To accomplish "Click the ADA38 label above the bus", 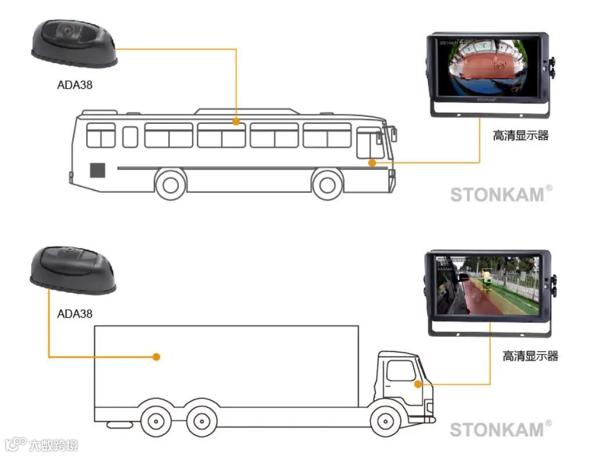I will click(74, 85).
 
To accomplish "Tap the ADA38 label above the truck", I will click(74, 314).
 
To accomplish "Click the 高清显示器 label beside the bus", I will click(520, 136).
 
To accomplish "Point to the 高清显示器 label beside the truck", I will click(530, 356).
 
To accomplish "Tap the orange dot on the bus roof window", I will click(236, 122).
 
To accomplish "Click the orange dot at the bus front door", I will click(372, 163).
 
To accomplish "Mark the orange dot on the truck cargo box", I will click(156, 357).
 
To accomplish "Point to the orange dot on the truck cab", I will click(417, 384).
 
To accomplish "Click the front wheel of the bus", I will click(328, 185).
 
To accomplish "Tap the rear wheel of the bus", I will click(171, 185).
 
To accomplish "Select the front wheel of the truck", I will click(387, 421).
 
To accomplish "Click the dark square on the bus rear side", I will click(97, 170).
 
